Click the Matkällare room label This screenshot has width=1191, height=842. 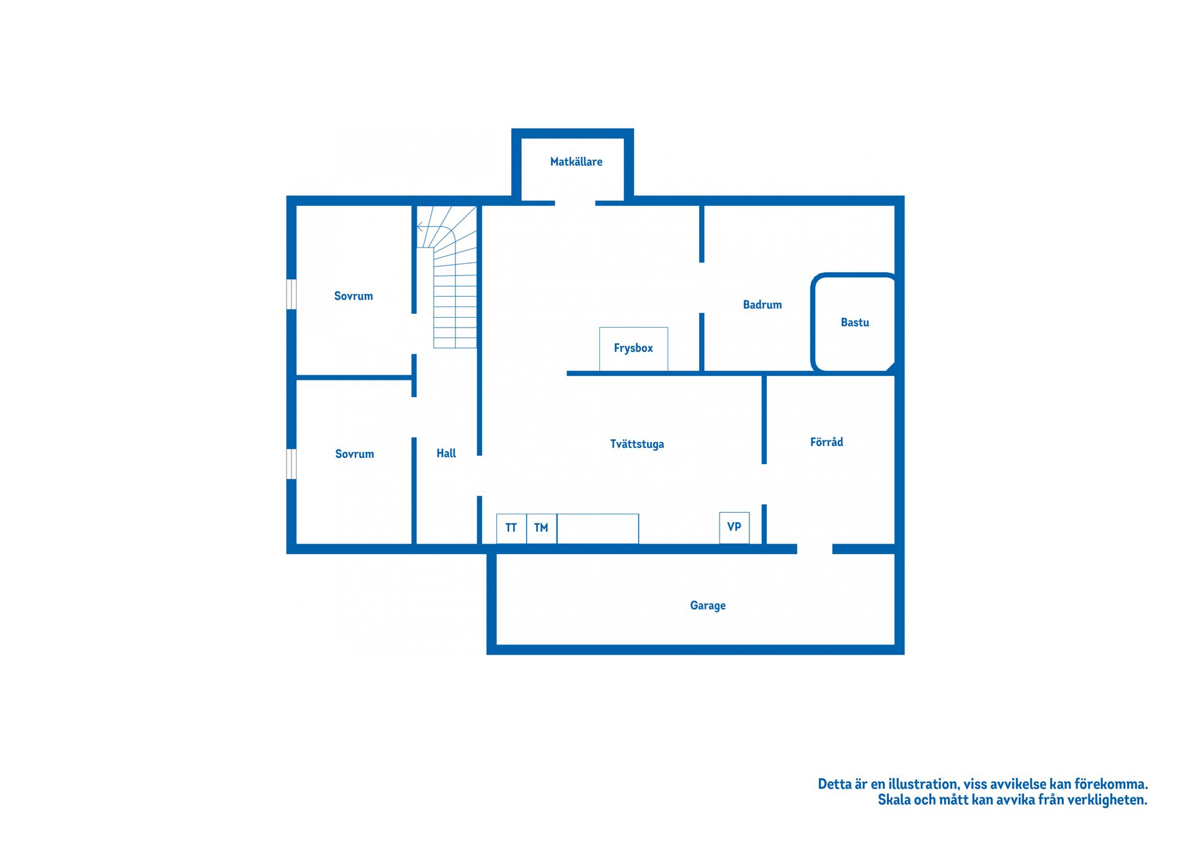coord(576,162)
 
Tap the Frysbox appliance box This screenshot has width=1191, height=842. coord(633,349)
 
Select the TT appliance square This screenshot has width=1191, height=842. coord(511,528)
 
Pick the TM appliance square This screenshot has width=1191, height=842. coord(542,528)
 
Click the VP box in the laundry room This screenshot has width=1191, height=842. coord(734,527)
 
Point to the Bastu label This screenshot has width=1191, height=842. coord(855,323)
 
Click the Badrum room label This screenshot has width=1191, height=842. coord(762,305)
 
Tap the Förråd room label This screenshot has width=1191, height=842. coord(826,442)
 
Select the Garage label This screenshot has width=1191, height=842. coord(708,606)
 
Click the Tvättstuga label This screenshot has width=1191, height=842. coord(637,444)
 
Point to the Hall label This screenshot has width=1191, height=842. coord(446,454)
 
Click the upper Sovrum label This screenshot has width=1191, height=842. coord(354,296)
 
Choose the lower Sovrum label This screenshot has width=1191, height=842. coord(354,454)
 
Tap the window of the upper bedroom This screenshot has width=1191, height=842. coord(291,294)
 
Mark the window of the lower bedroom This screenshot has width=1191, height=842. coord(291,464)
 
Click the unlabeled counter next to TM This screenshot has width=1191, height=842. coord(598,529)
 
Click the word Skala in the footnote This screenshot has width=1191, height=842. coord(894,800)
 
